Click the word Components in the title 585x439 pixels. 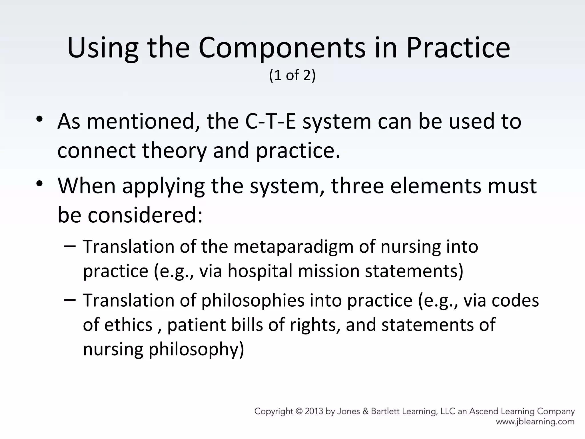282,48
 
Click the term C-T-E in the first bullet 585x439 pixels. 271,121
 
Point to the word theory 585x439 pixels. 174,151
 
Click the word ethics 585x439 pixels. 128,325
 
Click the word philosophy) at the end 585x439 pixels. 197,350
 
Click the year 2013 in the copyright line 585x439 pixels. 314,412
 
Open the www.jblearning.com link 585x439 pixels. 535,422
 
